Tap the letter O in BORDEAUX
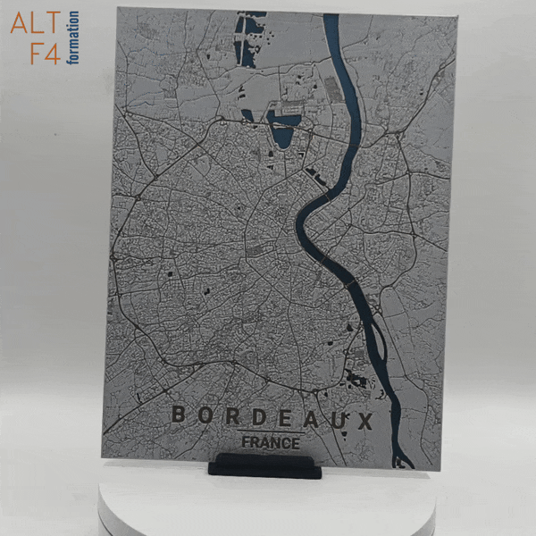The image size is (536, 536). click(x=205, y=416)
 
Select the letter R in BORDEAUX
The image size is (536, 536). click(x=231, y=417)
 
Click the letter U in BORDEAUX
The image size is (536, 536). click(x=337, y=419)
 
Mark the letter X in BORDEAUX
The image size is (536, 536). click(x=363, y=420)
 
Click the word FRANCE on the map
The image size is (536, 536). click(x=270, y=442)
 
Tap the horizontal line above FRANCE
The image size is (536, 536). click(x=270, y=431)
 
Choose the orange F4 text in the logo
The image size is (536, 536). click(x=44, y=52)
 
